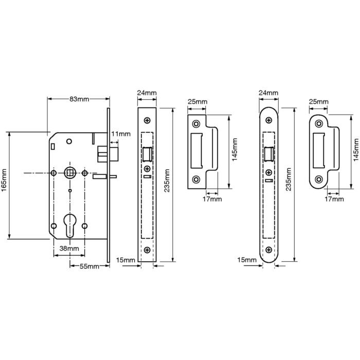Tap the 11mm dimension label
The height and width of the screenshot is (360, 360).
pyautogui.click(x=121, y=134)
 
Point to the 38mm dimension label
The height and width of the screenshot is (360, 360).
pyautogui.click(x=69, y=248)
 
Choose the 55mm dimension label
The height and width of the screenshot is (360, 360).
pyautogui.click(x=89, y=266)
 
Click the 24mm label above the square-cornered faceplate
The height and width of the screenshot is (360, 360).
pyautogui.click(x=147, y=93)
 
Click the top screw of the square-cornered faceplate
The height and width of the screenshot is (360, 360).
pyautogui.click(x=147, y=120)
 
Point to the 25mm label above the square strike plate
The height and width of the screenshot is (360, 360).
pyautogui.click(x=197, y=102)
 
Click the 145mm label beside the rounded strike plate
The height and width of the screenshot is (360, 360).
pyautogui.click(x=355, y=149)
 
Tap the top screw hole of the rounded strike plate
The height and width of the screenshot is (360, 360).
pyautogui.click(x=319, y=123)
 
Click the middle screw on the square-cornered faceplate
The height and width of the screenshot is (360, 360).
pyautogui.click(x=147, y=169)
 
